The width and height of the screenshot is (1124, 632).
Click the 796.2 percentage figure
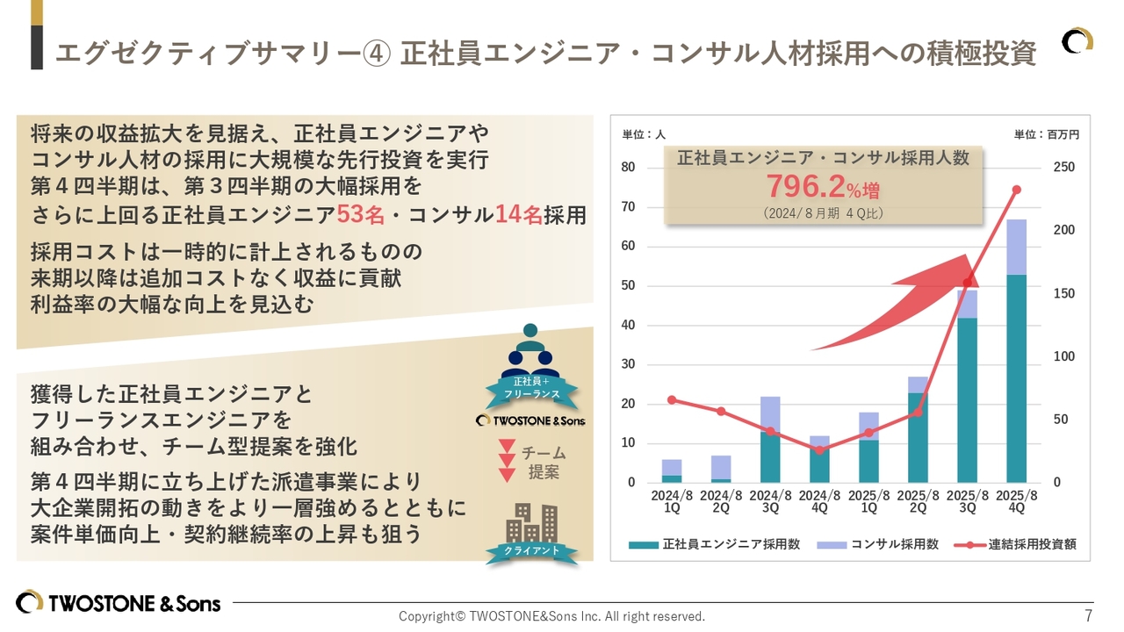tap(805, 186)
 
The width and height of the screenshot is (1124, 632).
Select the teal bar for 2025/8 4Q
tap(1016, 377)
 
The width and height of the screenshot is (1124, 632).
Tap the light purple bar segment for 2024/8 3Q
tap(770, 413)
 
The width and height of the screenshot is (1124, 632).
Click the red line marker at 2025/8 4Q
tap(1016, 190)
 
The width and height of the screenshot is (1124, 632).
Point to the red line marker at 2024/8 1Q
tap(672, 399)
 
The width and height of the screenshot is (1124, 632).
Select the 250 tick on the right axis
tap(1063, 168)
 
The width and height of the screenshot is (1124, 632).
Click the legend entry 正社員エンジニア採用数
tap(715, 544)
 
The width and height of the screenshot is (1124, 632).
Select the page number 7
tap(1088, 615)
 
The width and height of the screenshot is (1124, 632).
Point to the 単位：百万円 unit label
tap(1046, 135)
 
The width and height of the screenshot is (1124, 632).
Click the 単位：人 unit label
tap(644, 135)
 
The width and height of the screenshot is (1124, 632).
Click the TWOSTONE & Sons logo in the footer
tap(119, 603)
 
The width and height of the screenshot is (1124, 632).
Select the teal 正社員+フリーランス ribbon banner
tap(530, 388)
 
